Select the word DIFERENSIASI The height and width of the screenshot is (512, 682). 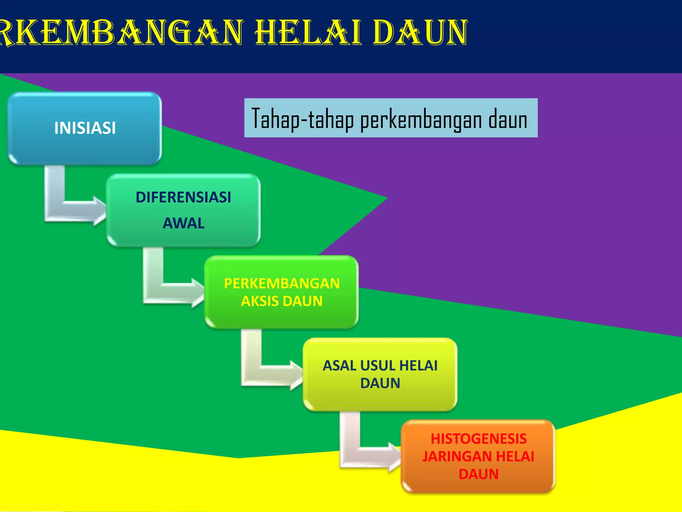click(x=183, y=197)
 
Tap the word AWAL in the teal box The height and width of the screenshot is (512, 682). click(x=183, y=223)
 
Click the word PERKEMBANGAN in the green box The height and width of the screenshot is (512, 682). click(x=282, y=284)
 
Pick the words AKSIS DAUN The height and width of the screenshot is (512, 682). click(x=282, y=301)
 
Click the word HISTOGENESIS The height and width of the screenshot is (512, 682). click(x=479, y=439)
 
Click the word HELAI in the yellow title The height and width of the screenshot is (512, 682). click(x=308, y=32)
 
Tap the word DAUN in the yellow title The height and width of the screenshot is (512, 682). click(x=420, y=32)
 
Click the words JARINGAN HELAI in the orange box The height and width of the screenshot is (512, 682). click(x=479, y=456)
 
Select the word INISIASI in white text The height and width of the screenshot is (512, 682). click(x=85, y=128)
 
